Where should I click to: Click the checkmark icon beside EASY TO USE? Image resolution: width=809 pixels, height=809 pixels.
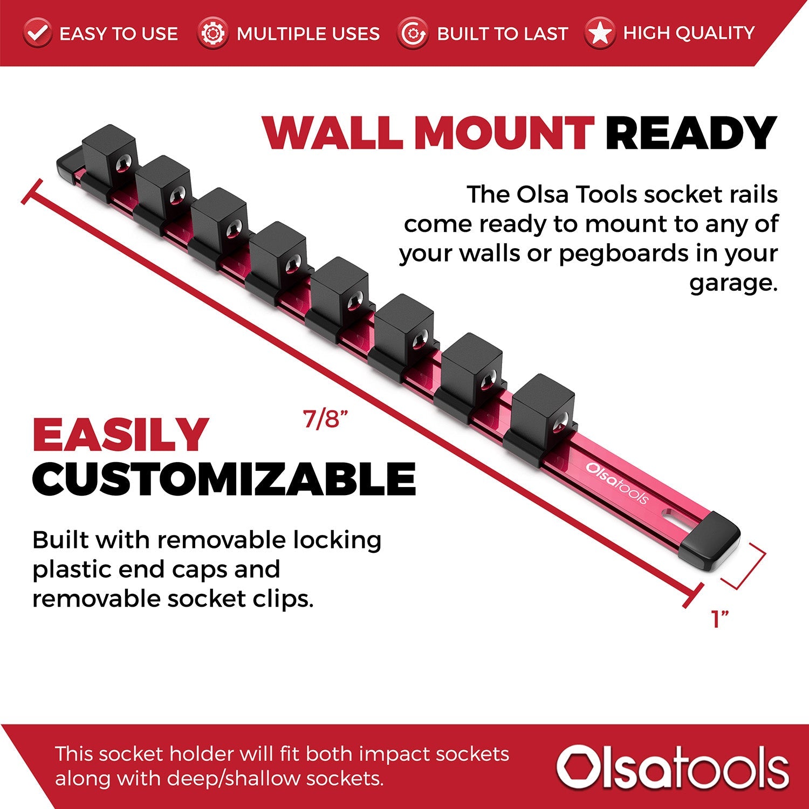pos(37,33)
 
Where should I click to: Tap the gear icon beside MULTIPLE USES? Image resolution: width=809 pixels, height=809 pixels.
pos(212,33)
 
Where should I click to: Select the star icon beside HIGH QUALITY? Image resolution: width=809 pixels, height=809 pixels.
pos(599,33)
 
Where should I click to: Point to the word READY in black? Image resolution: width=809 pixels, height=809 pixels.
pos(690,133)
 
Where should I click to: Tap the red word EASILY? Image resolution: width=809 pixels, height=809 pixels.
pos(120,435)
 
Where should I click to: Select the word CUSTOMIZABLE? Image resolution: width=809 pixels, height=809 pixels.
pos(224,479)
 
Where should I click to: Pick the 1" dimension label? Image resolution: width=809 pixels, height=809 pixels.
pos(720,619)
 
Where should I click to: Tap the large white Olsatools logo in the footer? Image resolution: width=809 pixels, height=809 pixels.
pos(673,766)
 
